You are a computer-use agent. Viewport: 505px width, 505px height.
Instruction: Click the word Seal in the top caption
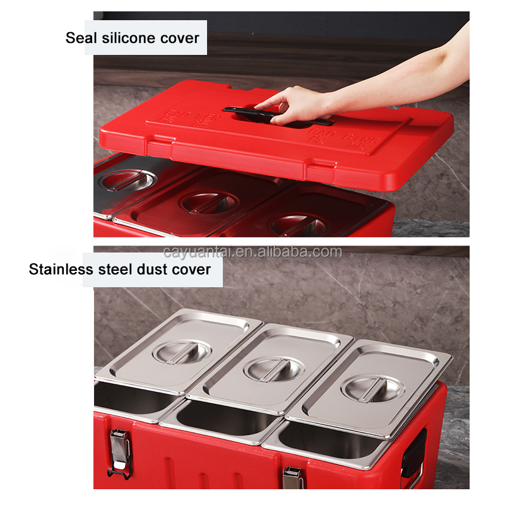pyautogui.click(x=81, y=38)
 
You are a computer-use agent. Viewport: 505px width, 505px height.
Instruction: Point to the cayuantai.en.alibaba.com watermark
pyautogui.click(x=252, y=252)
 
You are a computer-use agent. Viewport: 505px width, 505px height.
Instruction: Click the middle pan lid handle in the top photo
pyautogui.click(x=208, y=201)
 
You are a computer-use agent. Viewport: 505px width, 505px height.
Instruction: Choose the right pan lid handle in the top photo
pyautogui.click(x=297, y=223)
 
